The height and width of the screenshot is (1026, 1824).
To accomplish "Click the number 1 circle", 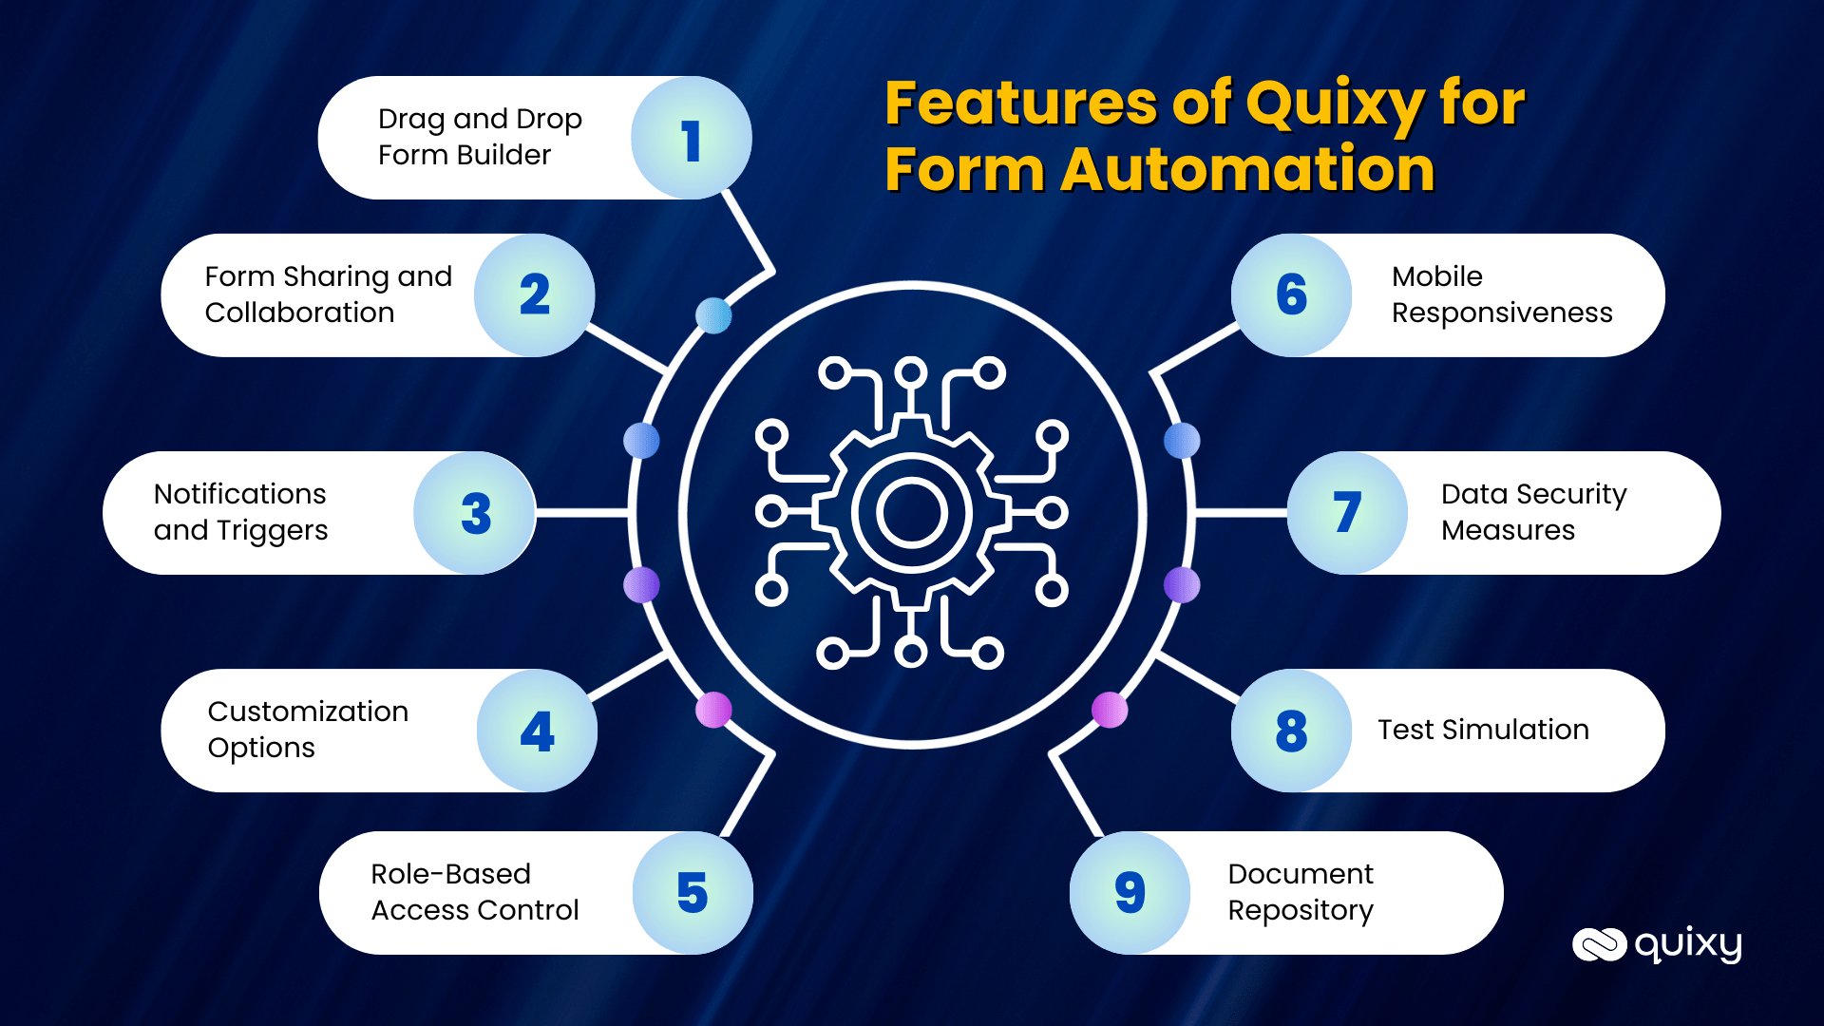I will tap(691, 139).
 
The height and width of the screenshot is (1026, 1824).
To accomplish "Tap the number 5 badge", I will tap(693, 893).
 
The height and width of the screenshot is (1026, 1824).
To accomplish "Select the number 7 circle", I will tap(1347, 513).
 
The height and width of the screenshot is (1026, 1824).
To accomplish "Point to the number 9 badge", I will tap(1130, 893).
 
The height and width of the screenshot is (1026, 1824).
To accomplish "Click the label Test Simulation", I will tap(1483, 730).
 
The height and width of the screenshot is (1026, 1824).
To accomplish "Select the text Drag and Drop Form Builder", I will tap(479, 137).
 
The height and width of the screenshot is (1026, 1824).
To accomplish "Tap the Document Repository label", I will tap(1300, 892).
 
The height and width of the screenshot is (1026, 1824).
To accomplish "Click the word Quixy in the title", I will tap(1335, 103).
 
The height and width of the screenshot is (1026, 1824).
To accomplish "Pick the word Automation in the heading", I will tap(1247, 170).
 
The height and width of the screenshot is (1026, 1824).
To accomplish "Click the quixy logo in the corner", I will tap(1657, 944).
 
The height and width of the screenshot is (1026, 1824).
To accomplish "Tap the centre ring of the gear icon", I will tap(911, 513).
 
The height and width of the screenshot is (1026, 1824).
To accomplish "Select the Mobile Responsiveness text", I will tap(1501, 294).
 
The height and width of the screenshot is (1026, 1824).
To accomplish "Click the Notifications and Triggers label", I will tap(240, 512).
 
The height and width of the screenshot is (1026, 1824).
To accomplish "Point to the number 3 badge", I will tap(475, 513).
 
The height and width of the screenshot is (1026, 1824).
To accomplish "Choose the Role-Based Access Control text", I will tap(474, 892).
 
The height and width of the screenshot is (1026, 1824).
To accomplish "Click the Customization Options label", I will tap(308, 730).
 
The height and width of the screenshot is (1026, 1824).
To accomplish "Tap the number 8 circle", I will tap(1291, 731).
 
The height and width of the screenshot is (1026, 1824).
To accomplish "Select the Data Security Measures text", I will tap(1532, 512).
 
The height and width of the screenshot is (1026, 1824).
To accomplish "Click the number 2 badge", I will tap(535, 294).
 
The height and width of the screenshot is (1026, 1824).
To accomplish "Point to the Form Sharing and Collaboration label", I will tap(328, 294).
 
